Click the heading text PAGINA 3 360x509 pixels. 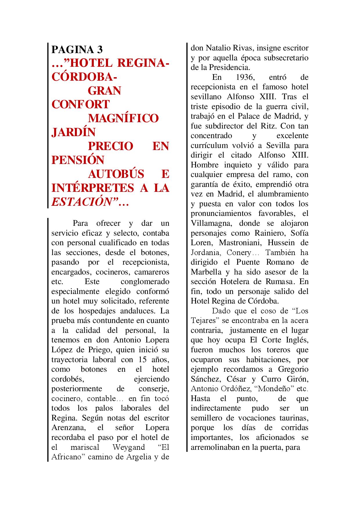coord(77,50)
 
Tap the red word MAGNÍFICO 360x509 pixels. coord(123,118)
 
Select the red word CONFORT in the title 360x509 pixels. coord(80,104)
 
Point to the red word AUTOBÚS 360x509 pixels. coord(116,174)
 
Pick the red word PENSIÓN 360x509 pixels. coord(78,160)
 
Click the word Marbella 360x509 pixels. coord(203,272)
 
